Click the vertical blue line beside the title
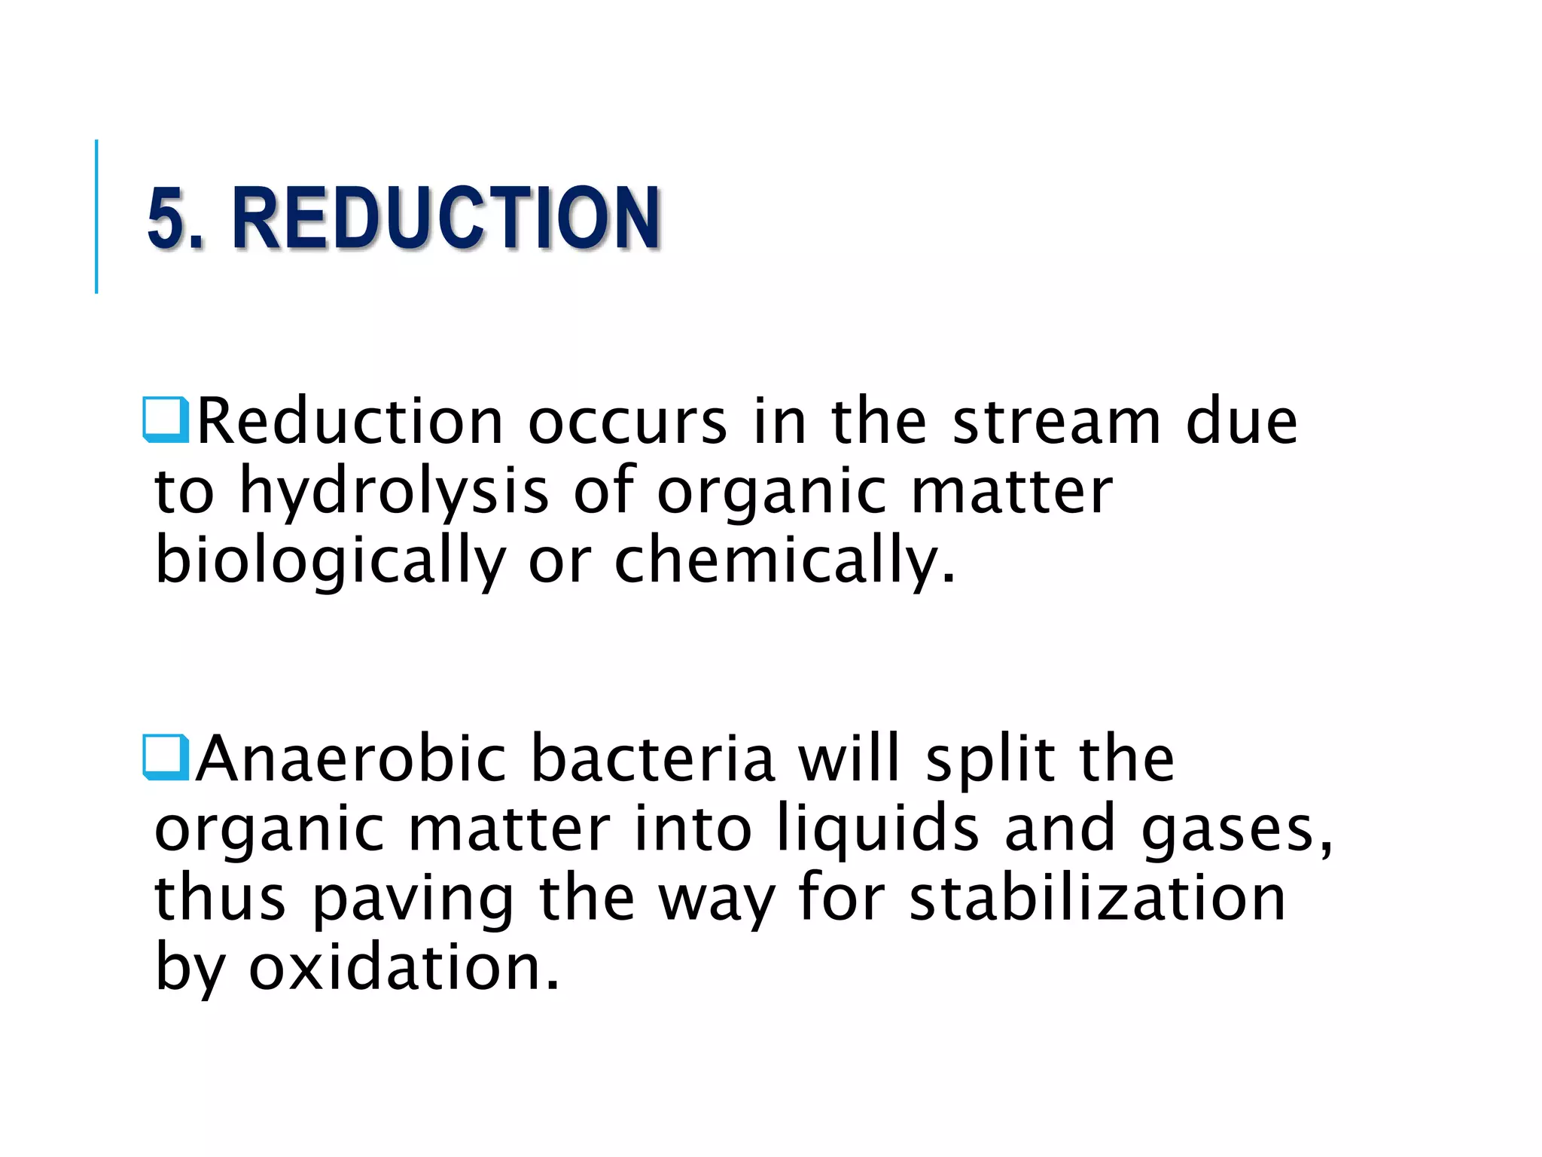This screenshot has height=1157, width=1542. click(96, 217)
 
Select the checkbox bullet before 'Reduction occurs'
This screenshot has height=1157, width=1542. click(165, 419)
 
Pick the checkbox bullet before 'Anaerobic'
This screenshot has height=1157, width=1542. click(165, 756)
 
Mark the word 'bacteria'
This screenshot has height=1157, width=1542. click(653, 759)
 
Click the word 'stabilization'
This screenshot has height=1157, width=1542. click(1097, 898)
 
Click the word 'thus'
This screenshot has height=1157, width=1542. click(220, 898)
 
